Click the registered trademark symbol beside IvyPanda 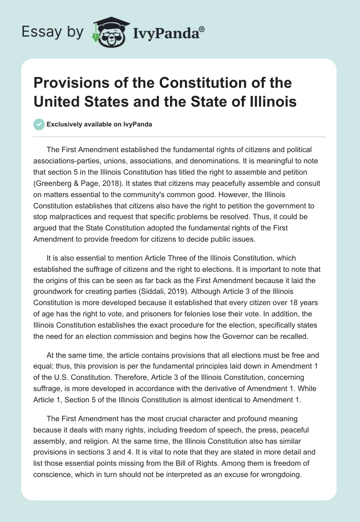[x=202, y=29]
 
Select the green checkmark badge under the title [x=39, y=124]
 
